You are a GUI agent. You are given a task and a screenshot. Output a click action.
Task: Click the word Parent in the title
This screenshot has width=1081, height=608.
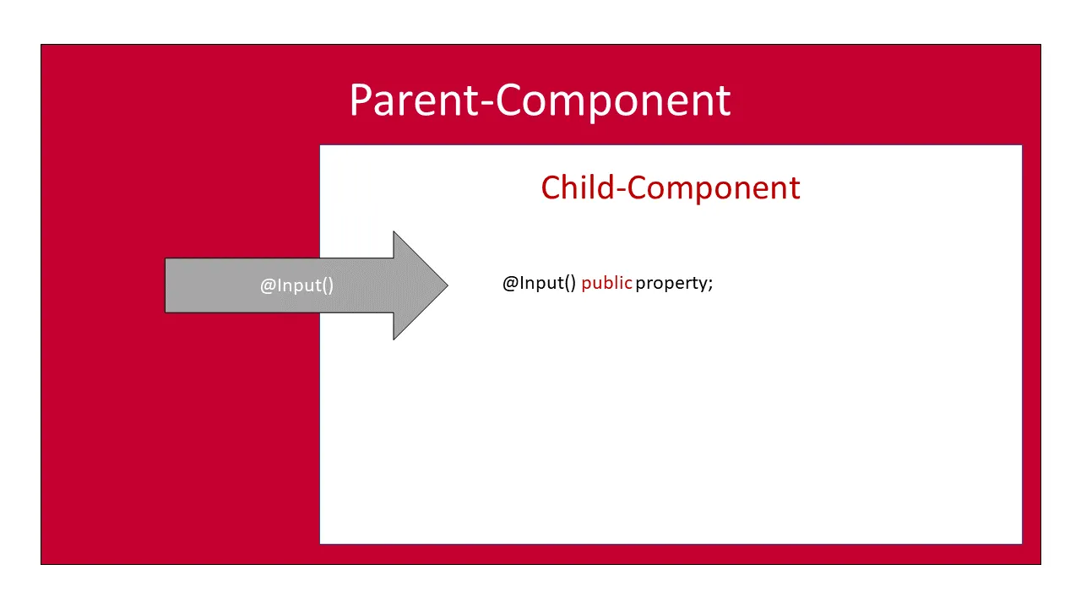[x=414, y=100]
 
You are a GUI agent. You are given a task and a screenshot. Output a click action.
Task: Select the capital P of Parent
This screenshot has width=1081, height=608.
[x=361, y=100]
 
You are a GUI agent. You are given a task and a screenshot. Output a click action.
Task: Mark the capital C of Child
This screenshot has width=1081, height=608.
[x=551, y=187]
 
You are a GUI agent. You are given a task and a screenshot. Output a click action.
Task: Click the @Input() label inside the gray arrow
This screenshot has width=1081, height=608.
[x=296, y=285]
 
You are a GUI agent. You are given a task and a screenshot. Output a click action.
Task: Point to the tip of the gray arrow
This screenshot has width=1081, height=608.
[x=446, y=285]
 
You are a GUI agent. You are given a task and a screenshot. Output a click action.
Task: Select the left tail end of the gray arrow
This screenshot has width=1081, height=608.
[x=167, y=285]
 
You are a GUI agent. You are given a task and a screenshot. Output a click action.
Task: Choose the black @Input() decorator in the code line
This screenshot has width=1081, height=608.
[x=539, y=283]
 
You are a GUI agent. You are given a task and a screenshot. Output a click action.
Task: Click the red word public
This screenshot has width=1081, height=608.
[x=606, y=283]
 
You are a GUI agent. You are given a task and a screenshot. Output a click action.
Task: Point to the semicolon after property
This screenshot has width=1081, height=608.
[x=711, y=285]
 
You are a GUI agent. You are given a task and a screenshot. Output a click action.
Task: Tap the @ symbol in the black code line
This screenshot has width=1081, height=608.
[x=510, y=283]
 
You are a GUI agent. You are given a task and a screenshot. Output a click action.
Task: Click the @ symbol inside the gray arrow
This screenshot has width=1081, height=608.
[x=268, y=285]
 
